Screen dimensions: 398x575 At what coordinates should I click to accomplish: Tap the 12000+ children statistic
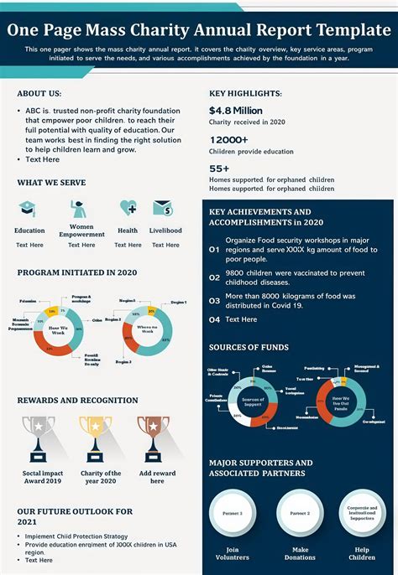[x=228, y=140]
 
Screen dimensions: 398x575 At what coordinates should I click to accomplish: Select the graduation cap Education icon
[x=29, y=209]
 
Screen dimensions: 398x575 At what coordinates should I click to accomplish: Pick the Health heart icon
[x=128, y=208]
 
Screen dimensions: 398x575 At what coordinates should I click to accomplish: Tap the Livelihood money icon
[x=163, y=208]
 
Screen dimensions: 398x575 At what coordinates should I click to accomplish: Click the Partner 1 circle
[x=232, y=512]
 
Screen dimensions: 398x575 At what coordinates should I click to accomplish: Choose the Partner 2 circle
[x=300, y=512]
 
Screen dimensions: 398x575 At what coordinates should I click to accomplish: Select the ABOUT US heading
[x=39, y=94]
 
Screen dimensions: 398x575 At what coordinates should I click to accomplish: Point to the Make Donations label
[x=300, y=553]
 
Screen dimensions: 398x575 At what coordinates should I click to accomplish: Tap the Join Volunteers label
[x=232, y=553]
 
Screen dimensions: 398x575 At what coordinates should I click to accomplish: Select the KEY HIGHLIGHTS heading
[x=245, y=94]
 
